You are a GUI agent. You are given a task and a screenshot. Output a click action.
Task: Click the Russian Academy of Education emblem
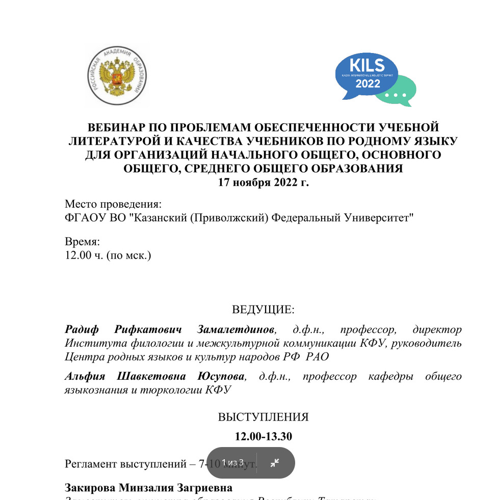pos(117,75)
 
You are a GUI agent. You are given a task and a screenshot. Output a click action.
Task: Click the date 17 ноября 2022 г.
pos(263,183)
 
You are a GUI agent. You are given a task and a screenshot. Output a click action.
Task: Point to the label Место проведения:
pos(113,205)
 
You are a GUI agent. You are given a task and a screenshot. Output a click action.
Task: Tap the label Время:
pos(82,242)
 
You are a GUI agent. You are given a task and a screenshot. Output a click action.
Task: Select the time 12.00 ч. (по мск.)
pos(108,255)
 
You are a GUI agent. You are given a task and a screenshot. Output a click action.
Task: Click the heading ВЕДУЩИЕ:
pos(263,310)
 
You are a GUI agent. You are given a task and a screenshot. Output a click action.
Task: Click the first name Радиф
pos(83,329)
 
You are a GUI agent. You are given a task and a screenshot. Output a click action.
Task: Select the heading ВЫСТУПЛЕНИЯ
pos(263,417)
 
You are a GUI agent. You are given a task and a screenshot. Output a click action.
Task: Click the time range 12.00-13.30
pos(263,436)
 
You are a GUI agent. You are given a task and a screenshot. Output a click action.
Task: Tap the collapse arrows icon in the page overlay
pos(275,463)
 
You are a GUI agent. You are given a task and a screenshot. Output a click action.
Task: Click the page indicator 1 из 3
pos(232,463)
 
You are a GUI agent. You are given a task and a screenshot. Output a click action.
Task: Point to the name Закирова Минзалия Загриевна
pos(148,488)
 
